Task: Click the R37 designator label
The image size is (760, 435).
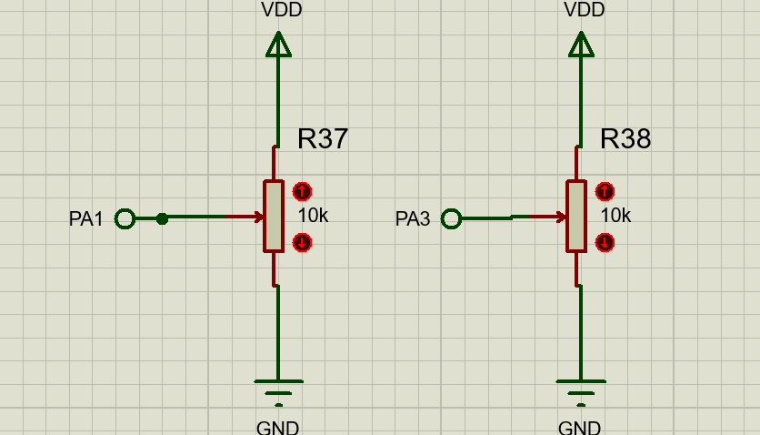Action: tap(322, 138)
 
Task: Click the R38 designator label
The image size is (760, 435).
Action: tap(625, 138)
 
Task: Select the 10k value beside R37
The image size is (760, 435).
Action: tap(313, 216)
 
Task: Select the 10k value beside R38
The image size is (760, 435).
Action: tap(615, 216)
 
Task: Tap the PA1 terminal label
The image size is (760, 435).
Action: tap(86, 219)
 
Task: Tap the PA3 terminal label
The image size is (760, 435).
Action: tap(413, 219)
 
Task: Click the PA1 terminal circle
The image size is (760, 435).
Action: tap(125, 218)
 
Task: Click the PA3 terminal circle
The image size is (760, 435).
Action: tap(451, 218)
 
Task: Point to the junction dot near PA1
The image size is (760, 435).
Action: tap(162, 218)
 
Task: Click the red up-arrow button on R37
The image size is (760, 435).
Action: tap(302, 192)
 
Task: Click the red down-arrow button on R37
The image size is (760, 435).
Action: tap(302, 242)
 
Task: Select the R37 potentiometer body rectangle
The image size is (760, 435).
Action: tap(274, 216)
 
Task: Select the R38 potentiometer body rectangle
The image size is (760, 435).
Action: tap(575, 216)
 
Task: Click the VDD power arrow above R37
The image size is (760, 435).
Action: tap(278, 44)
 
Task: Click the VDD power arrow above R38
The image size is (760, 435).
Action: tap(581, 44)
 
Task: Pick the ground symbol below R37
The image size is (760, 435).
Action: tap(278, 389)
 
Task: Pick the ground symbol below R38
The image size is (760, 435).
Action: tap(581, 389)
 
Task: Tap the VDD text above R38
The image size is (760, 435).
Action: tap(585, 10)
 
